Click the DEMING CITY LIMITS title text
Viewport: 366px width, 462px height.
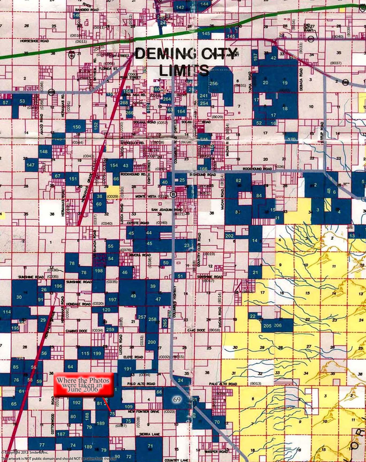coord(185,62)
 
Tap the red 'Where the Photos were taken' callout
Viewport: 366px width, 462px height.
coord(83,384)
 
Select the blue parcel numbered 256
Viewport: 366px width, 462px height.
coord(213,83)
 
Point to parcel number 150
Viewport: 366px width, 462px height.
coord(77,127)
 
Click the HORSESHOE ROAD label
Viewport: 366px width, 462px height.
coord(35,41)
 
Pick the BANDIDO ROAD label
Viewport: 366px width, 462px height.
coord(87,10)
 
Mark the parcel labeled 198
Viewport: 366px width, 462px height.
coord(99,271)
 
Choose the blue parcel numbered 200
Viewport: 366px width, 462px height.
coord(152,342)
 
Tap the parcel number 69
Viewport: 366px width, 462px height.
coord(177,400)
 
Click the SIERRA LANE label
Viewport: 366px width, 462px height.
coord(149,434)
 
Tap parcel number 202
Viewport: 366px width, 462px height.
coord(229,236)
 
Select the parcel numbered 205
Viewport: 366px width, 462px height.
coord(267,326)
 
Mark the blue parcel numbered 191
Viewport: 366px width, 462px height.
coord(128,369)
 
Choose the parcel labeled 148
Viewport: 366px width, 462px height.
coord(43,152)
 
